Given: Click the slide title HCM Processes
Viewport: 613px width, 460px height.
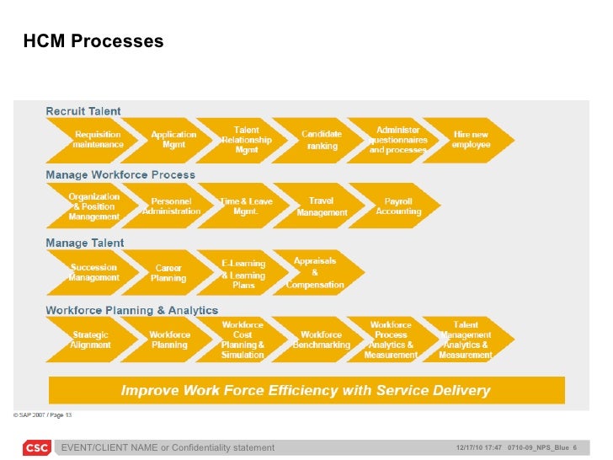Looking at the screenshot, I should pyautogui.click(x=93, y=41).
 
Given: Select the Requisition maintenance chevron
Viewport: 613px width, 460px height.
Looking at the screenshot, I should pyautogui.click(x=98, y=140).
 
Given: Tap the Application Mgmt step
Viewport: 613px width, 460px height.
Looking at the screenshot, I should pyautogui.click(x=173, y=140).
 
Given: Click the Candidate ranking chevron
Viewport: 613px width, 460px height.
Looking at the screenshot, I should pyautogui.click(x=322, y=140).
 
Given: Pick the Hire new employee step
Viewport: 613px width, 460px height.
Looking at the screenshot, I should pyautogui.click(x=471, y=140).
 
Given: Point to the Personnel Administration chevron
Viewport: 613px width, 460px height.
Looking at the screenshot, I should pyautogui.click(x=172, y=206).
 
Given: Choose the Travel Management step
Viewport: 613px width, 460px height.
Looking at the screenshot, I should pyautogui.click(x=322, y=206).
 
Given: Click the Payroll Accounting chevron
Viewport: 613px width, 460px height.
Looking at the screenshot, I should pyautogui.click(x=398, y=206).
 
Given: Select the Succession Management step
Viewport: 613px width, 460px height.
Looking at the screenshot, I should pyautogui.click(x=94, y=272).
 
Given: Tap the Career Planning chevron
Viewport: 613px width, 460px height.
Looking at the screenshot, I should pyautogui.click(x=168, y=272).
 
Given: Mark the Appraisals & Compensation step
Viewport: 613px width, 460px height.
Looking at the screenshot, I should pyautogui.click(x=315, y=272).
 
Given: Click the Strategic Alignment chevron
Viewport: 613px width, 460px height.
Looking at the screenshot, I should pyautogui.click(x=91, y=339).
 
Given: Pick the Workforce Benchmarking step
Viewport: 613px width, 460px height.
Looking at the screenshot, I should pyautogui.click(x=321, y=339).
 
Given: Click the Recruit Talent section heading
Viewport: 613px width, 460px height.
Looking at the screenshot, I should pyautogui.click(x=83, y=111).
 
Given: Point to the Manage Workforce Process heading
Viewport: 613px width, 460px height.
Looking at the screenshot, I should pyautogui.click(x=120, y=175).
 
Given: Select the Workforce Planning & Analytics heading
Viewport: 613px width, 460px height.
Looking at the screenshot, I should pyautogui.click(x=131, y=310).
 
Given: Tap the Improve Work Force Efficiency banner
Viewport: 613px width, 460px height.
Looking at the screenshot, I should pyautogui.click(x=306, y=390).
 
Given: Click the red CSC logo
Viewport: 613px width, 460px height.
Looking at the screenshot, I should pyautogui.click(x=35, y=447).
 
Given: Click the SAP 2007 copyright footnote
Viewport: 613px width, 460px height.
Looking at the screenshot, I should pyautogui.click(x=42, y=415).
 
